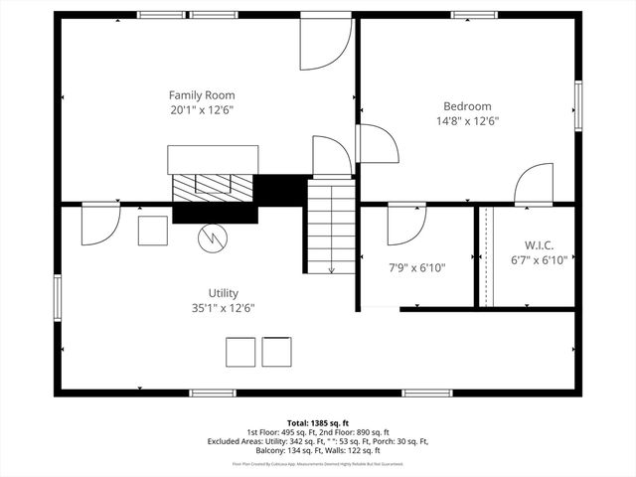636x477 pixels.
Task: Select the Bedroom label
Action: click(467, 106)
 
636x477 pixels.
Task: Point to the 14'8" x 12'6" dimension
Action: click(467, 121)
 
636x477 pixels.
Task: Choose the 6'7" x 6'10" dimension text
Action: click(538, 260)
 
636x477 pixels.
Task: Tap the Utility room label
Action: click(223, 293)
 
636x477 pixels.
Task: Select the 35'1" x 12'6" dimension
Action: click(223, 308)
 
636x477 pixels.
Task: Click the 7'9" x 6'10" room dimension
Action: click(416, 267)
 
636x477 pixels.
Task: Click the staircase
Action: click(331, 230)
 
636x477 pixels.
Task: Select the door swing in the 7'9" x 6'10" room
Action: click(406, 223)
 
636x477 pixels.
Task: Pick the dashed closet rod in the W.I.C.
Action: click(485, 256)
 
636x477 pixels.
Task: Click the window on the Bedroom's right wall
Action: click(577, 104)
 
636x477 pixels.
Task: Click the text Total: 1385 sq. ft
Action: click(318, 423)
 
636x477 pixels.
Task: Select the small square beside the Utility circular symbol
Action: click(153, 231)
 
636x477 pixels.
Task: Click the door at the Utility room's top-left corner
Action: click(100, 224)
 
